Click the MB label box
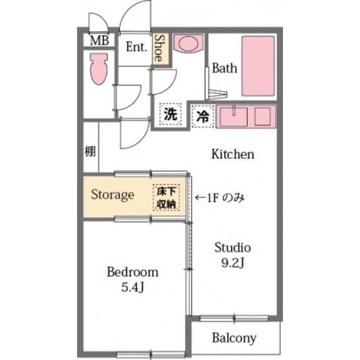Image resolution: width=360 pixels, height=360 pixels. [101, 41]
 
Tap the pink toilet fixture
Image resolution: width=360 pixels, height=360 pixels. [99, 69]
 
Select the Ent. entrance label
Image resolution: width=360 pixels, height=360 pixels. [136, 47]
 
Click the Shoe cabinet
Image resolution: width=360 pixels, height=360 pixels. [159, 48]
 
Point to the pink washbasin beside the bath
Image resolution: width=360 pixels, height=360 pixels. [185, 44]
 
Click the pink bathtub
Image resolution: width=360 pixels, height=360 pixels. [258, 65]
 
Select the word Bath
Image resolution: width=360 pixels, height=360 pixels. [224, 69]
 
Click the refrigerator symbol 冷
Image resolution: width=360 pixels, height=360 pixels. [203, 117]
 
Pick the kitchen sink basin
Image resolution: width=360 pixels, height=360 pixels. [232, 116]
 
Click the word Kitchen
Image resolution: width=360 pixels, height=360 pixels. [233, 154]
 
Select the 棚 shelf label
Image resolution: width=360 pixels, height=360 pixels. [90, 151]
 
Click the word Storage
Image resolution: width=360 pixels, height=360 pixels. [112, 195]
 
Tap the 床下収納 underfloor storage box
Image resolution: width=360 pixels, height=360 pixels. [166, 197]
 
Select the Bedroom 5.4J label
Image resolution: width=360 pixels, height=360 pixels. [133, 279]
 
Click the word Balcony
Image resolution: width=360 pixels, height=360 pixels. [234, 338]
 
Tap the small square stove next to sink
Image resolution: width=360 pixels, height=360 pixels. [263, 116]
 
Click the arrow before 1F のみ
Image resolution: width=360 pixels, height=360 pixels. [200, 198]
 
